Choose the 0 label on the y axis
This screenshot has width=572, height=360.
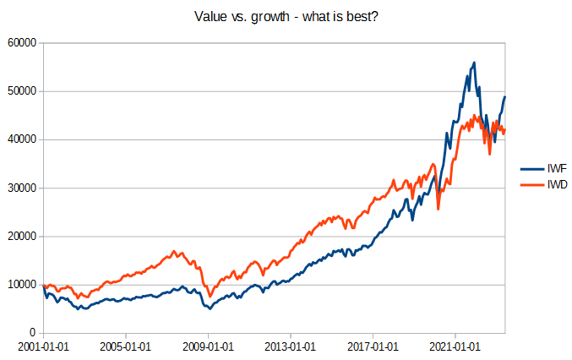click(32, 333)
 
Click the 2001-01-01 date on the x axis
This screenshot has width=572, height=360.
click(42, 346)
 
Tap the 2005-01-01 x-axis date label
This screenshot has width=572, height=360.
click(124, 346)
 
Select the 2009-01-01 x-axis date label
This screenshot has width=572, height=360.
click(207, 346)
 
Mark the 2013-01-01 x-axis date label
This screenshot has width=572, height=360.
click(290, 346)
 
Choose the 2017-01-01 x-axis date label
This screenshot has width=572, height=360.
click(372, 346)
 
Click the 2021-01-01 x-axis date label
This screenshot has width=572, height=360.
click(455, 346)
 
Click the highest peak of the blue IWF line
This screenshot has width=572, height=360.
click(474, 63)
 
